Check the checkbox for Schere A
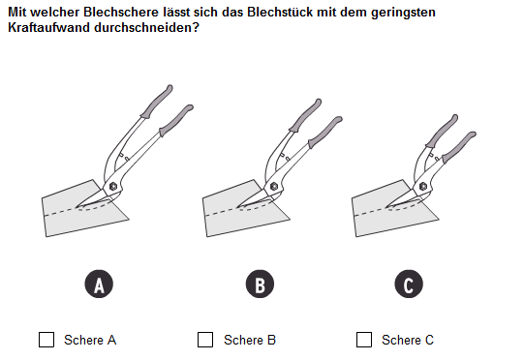coord(46,340)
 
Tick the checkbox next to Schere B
coord(205,340)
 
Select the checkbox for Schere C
coord(364,340)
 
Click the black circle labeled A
coord(99,284)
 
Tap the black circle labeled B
coord(260,284)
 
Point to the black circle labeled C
coord(409,284)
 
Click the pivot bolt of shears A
coord(113,187)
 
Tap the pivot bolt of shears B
coord(274,187)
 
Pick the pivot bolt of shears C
coord(422,187)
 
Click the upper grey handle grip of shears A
coord(157,102)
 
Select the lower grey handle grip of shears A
coord(176,121)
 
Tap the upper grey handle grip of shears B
coord(305,115)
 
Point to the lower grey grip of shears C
coord(459,147)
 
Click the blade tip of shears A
coord(77,207)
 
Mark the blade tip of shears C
coord(386,207)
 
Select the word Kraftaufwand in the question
coord(48,28)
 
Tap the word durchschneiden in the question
coord(143,28)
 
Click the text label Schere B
coord(250,340)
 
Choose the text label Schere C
coord(408,340)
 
